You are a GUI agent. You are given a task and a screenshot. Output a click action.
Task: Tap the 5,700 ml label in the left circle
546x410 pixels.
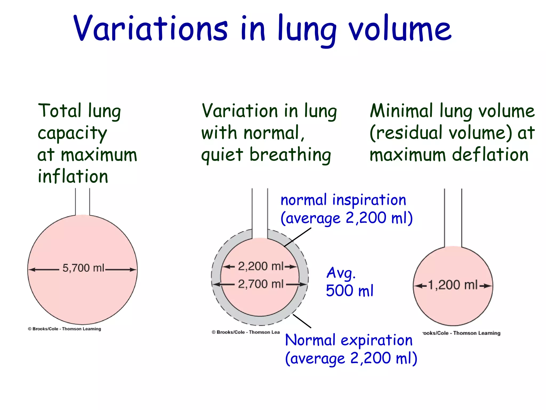pos(83,268)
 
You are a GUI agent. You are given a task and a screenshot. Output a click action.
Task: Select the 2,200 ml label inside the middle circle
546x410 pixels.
pos(260,266)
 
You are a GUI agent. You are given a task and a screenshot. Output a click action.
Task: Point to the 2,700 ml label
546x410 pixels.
pos(260,284)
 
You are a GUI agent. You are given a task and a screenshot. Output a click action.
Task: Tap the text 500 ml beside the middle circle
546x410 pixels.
pos(350,291)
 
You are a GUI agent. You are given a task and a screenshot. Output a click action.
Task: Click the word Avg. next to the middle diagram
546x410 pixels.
pos(341,273)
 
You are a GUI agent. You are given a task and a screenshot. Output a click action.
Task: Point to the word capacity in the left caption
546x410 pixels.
pos(72,133)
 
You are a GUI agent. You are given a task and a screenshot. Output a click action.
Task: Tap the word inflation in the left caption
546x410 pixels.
pos(73,176)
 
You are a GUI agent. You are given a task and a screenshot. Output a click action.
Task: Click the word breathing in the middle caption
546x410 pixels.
pos(290,155)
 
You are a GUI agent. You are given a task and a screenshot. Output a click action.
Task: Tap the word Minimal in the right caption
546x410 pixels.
pos(402,111)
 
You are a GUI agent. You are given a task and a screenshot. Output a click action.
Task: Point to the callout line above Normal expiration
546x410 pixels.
pos(302,321)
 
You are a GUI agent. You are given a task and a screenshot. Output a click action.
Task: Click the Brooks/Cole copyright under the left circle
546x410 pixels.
pos(65,329)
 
